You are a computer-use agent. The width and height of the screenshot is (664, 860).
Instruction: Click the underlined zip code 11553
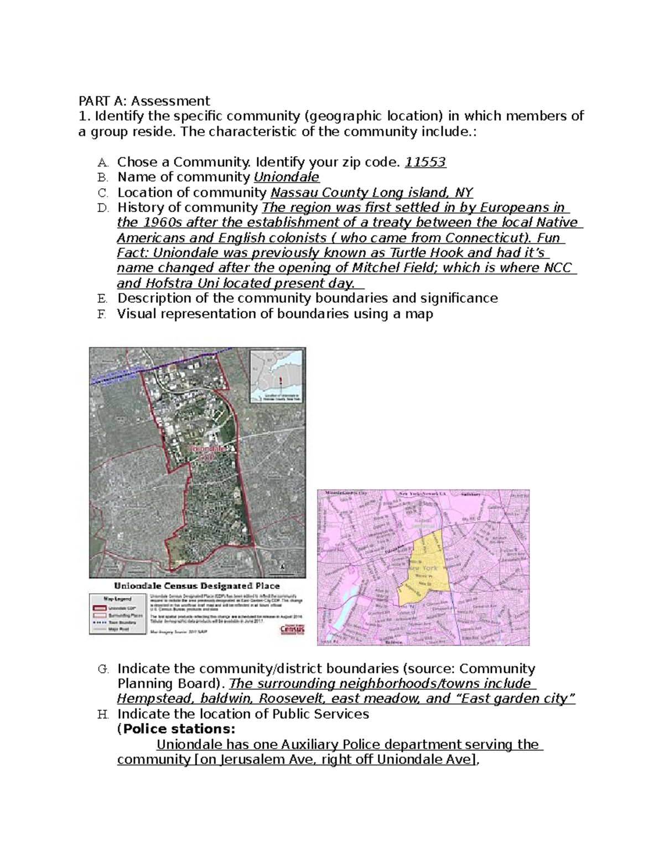(x=426, y=162)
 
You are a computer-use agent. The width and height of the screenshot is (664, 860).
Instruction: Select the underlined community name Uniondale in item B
(x=286, y=177)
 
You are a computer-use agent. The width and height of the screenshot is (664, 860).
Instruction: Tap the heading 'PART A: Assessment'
(x=144, y=101)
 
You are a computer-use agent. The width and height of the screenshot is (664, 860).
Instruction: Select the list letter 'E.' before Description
(x=102, y=298)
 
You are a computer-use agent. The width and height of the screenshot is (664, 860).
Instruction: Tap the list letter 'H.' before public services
(x=102, y=714)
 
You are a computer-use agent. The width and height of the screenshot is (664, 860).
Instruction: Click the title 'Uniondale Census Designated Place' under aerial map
(x=197, y=585)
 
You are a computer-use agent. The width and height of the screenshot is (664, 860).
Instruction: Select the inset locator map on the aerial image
(x=277, y=376)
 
